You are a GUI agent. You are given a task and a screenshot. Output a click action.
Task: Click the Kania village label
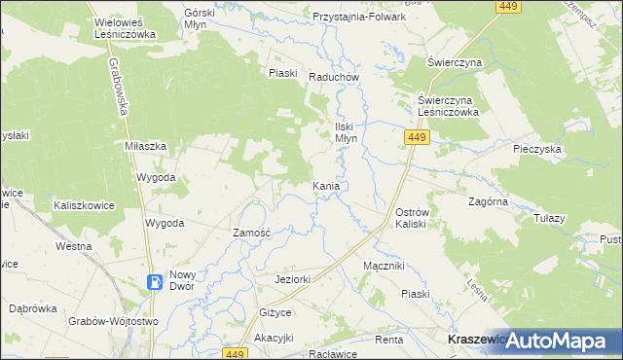326,185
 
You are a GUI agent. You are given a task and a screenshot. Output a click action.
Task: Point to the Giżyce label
275,312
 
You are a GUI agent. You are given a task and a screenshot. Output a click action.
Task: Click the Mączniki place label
383,266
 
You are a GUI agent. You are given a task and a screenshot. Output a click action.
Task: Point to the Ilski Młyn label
348,132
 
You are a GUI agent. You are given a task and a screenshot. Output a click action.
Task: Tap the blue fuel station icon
155,283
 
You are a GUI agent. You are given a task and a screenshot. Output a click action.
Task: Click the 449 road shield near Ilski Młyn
415,140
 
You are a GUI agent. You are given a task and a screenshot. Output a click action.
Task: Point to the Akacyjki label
274,339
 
